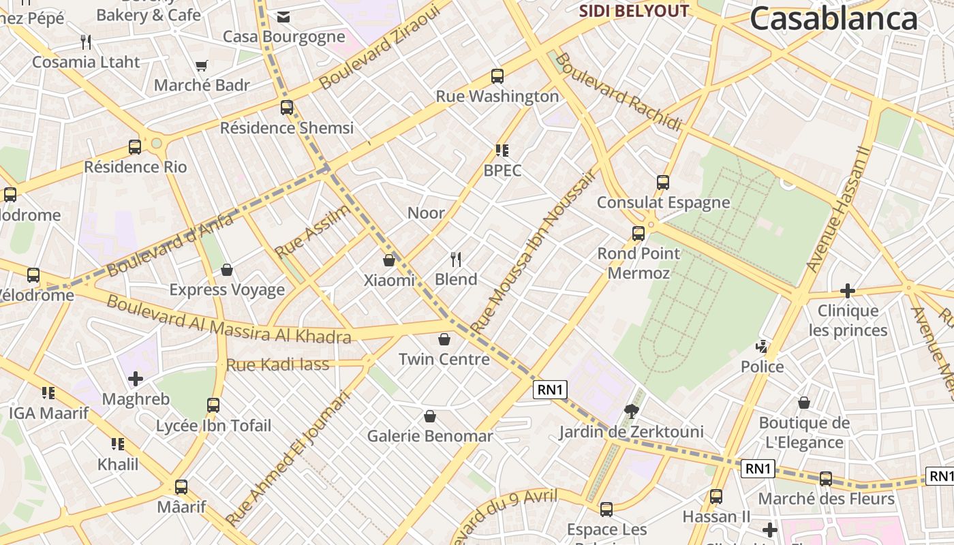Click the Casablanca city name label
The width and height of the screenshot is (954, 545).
tap(833, 19)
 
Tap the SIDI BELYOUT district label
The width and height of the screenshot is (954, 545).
tap(634, 11)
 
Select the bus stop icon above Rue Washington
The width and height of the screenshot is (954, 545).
tap(497, 76)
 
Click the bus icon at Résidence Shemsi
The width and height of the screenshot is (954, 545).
tap(287, 108)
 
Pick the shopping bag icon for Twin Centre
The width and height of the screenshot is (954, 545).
tap(444, 339)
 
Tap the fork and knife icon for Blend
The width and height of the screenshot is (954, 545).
tap(456, 259)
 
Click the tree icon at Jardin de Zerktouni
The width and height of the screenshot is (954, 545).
tap(632, 411)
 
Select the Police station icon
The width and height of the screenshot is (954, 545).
tap(762, 347)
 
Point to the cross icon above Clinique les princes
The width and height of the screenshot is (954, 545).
tap(847, 291)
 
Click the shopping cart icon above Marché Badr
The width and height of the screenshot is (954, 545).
tap(201, 66)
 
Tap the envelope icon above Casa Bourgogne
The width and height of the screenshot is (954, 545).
tap(283, 17)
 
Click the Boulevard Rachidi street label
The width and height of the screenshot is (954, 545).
tap(618, 92)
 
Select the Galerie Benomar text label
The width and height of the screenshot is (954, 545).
tap(429, 436)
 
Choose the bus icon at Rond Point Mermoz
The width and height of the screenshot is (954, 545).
tap(638, 234)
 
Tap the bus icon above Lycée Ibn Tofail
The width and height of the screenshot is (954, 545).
tap(213, 405)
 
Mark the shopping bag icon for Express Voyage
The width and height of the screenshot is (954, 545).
tap(227, 270)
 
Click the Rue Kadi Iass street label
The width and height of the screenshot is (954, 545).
tap(277, 364)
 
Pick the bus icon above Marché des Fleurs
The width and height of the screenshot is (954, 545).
tap(826, 479)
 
